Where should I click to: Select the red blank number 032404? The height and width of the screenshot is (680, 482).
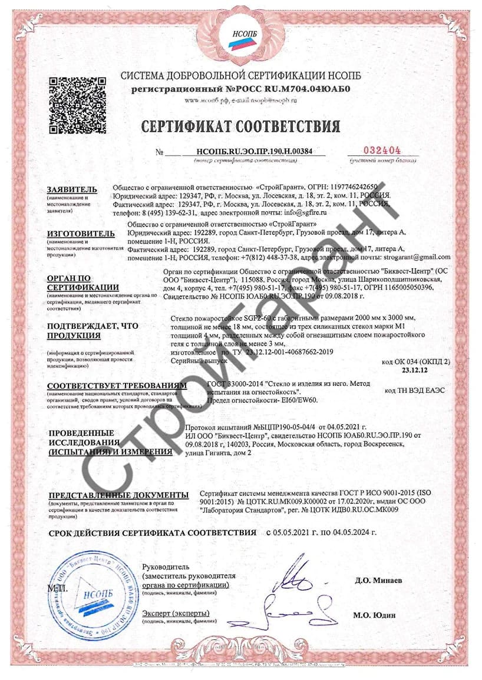pos(384,150)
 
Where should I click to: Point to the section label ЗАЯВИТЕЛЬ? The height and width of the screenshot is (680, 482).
pos(71,190)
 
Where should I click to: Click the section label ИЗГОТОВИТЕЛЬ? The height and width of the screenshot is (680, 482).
pos(81,234)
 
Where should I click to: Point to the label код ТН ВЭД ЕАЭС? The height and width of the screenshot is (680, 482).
pos(415,390)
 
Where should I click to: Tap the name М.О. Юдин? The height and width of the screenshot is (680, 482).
pos(374,615)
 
